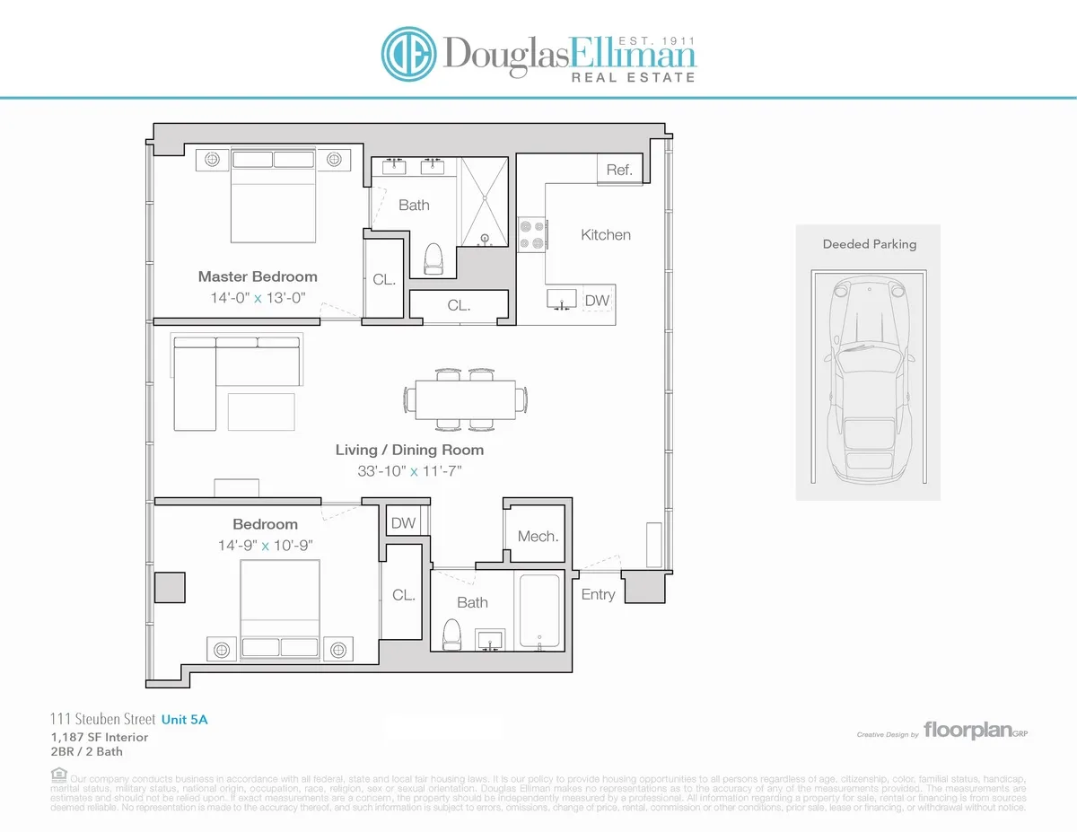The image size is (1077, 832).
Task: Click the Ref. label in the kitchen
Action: coord(619,170)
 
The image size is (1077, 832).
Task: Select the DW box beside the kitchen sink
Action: coord(596,301)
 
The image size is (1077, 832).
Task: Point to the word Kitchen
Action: coord(606,234)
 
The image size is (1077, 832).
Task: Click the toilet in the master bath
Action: coord(433,258)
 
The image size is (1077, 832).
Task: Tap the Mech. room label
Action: coord(538,537)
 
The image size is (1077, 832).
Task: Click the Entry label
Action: coord(598,594)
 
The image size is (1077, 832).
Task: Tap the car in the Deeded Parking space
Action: coord(868,378)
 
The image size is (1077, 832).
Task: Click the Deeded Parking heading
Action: coord(870,243)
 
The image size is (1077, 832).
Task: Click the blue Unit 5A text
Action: coord(189,719)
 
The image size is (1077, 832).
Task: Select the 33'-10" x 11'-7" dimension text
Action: coord(410,470)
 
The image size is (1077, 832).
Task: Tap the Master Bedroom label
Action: coord(258,276)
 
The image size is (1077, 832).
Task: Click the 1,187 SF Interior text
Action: coord(100,737)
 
